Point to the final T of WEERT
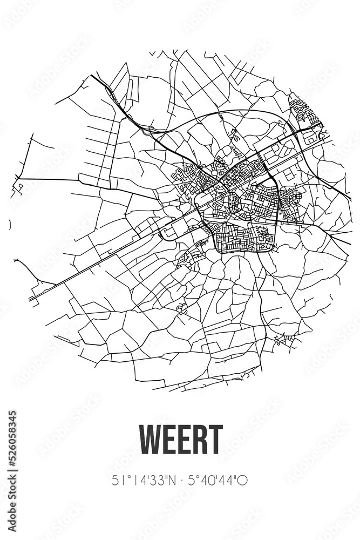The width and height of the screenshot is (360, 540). tap(215, 440)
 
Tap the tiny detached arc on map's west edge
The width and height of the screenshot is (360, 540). tap(11, 224)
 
